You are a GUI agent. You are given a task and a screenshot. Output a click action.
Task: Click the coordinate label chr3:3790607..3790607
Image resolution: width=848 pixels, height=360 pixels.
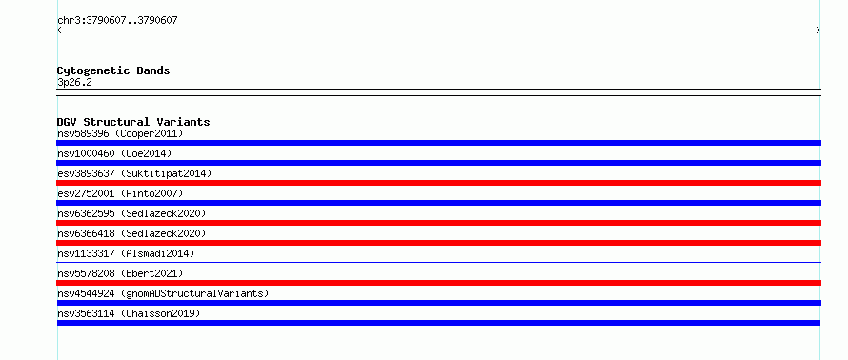[117, 21]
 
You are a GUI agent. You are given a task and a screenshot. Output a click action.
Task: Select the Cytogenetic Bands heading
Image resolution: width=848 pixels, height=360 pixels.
[113, 70]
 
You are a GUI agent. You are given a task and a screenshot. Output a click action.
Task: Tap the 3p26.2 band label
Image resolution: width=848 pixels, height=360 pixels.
[74, 83]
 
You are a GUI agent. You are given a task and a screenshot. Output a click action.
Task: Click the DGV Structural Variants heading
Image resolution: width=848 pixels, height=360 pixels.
[133, 122]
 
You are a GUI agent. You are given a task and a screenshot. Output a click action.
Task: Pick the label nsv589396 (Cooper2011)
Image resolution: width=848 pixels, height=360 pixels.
[120, 133]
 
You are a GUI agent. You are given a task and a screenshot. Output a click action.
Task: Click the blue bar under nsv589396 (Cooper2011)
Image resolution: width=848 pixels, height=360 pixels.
[438, 143]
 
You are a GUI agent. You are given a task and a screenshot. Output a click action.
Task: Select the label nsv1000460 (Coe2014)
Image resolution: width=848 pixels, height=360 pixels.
[114, 153]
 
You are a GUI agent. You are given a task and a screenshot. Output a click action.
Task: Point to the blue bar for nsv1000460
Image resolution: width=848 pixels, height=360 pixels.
[438, 163]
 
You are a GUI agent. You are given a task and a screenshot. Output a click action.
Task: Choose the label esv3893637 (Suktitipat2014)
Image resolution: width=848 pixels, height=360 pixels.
[134, 173]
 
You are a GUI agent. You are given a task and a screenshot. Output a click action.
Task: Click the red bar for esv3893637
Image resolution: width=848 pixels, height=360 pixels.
[438, 183]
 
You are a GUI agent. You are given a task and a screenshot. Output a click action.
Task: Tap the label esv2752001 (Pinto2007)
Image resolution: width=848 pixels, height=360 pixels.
[120, 193]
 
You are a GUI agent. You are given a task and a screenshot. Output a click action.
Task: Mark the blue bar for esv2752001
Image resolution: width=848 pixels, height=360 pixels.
[438, 203]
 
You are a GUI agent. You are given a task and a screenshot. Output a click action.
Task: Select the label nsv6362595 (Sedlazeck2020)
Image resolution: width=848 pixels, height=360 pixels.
[131, 213]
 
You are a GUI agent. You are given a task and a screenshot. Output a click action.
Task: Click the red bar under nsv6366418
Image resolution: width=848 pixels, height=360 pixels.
[438, 243]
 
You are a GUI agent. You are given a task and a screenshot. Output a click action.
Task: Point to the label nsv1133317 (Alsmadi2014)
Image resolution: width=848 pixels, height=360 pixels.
[126, 253]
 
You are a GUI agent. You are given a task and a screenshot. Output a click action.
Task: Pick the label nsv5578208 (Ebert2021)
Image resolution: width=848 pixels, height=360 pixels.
[120, 273]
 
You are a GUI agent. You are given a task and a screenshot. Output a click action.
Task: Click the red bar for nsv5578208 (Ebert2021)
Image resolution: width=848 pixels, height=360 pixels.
[438, 283]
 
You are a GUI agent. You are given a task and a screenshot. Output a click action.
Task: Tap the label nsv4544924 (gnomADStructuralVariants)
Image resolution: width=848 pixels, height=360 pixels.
[163, 293]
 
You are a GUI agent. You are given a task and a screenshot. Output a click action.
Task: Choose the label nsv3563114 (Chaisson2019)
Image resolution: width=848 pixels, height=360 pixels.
[129, 313]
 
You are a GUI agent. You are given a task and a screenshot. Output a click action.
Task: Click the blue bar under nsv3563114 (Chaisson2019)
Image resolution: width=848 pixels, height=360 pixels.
[438, 323]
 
